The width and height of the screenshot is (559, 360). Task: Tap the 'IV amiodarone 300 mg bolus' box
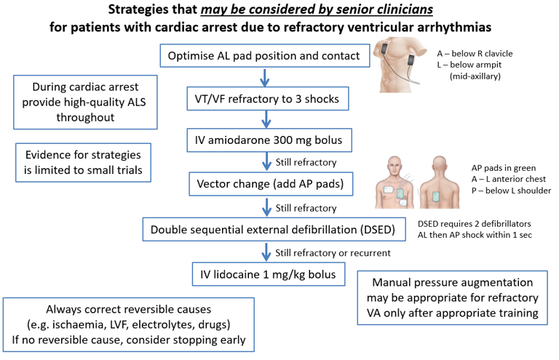click(x=266, y=138)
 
